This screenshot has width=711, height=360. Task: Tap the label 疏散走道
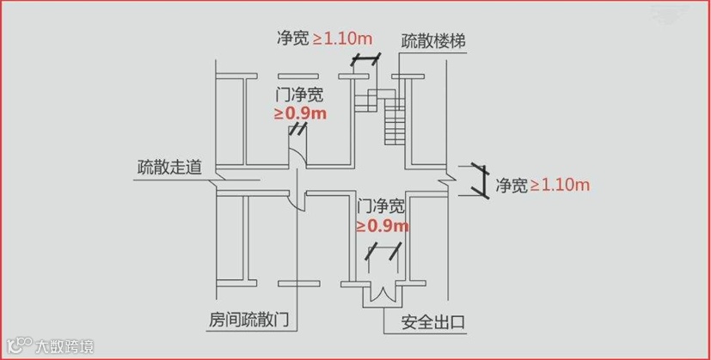point(169,166)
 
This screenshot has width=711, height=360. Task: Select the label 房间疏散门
point(248,321)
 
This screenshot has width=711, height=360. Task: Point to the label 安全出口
point(433,323)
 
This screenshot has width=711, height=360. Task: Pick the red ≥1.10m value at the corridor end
point(559,185)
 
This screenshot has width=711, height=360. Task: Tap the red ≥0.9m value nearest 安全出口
point(382,226)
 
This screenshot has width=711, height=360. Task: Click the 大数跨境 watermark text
point(64,347)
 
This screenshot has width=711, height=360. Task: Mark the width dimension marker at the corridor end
point(476,180)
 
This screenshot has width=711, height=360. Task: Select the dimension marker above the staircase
point(365,61)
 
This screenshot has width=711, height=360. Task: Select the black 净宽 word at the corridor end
point(509,185)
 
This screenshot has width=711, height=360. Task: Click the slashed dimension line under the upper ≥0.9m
point(298,131)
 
